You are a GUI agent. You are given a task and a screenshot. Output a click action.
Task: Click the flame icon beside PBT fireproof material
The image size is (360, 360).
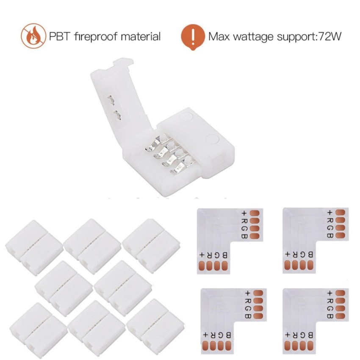(x=33, y=36)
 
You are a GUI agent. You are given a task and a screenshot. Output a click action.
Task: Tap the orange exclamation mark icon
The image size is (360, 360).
(x=193, y=37)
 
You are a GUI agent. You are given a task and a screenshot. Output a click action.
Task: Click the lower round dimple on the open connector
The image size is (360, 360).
(x=210, y=138)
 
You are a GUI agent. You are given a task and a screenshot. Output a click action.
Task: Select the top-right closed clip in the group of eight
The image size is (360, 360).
(x=151, y=245)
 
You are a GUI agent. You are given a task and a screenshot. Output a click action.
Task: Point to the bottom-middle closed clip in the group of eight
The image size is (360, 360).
(x=96, y=328)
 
